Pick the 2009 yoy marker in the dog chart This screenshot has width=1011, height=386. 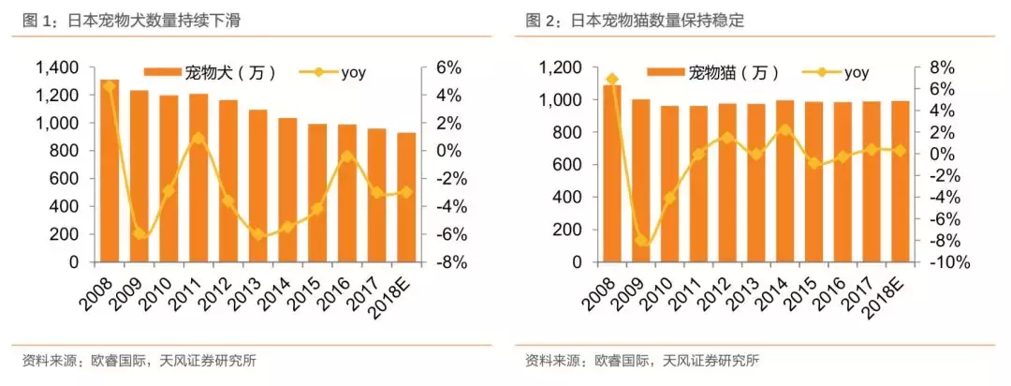click(140, 233)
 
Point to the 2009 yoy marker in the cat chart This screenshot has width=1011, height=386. click(641, 241)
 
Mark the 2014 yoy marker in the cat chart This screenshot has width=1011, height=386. click(785, 130)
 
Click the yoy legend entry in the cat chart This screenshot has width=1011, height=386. click(837, 72)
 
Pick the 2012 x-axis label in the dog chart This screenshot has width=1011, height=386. click(226, 289)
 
